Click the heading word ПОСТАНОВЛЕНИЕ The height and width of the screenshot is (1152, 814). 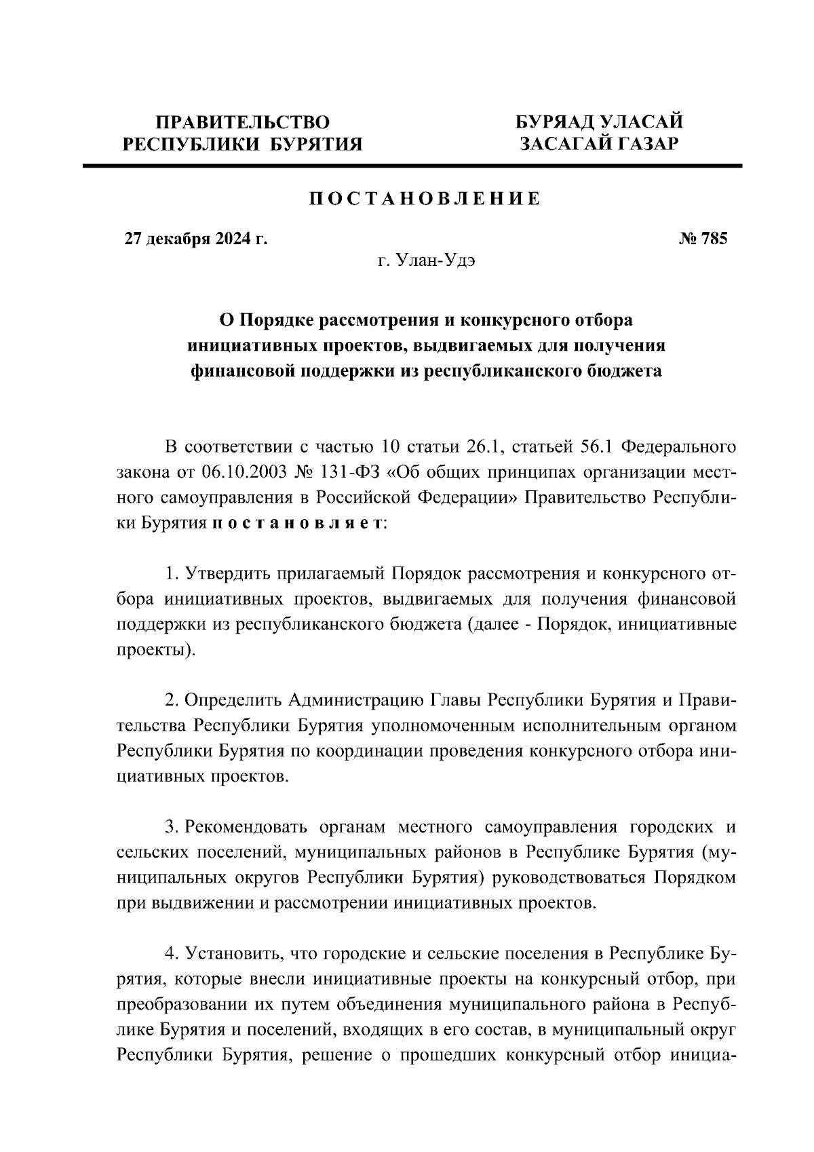pos(425,199)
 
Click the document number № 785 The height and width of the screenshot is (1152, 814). pos(703,239)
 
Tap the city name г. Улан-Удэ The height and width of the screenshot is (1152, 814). pos(426,261)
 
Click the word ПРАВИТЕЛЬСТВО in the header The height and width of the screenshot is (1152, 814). pos(242,123)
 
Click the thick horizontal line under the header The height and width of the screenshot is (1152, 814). pos(412,166)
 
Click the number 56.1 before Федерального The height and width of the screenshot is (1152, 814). pos(597,447)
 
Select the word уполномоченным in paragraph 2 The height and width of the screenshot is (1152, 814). pos(445,726)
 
